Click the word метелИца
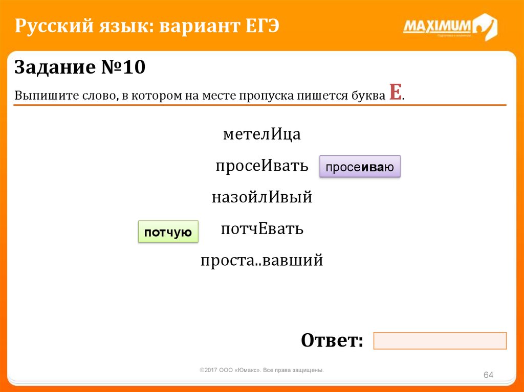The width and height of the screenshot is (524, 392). [x=261, y=134]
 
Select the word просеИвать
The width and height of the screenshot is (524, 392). [x=261, y=165]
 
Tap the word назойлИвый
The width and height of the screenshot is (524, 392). [x=261, y=197]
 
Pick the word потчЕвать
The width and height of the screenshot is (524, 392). [x=262, y=228]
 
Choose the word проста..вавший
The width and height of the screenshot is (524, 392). [x=261, y=261]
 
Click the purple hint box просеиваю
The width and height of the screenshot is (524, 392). [x=360, y=167]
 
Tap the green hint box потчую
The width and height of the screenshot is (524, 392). [x=168, y=232]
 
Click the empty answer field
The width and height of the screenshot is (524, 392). [x=440, y=340]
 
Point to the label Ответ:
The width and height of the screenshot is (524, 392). [x=332, y=340]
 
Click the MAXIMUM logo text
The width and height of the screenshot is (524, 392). [x=437, y=26]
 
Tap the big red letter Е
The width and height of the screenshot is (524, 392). [x=396, y=92]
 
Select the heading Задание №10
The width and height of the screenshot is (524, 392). [x=80, y=67]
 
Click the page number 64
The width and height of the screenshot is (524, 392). [x=488, y=375]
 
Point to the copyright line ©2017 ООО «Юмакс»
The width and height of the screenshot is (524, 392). [x=261, y=370]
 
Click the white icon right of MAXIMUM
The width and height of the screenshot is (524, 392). [x=486, y=27]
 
